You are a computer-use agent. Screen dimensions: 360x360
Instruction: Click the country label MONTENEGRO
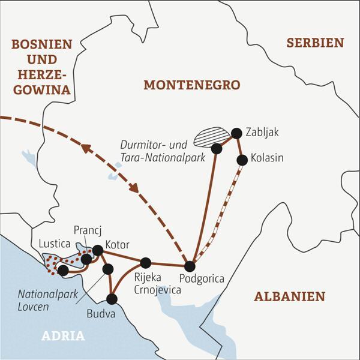tap(191, 85)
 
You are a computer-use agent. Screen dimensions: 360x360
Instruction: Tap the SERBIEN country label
tap(315, 43)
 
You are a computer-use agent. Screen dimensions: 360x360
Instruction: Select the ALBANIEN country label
tap(289, 296)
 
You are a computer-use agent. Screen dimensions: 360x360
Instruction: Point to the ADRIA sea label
tap(63, 336)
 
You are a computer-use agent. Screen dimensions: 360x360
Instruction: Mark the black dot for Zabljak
tap(236, 133)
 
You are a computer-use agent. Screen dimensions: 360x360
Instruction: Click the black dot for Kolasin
tap(242, 160)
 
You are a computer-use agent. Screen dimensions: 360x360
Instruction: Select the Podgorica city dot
tap(190, 266)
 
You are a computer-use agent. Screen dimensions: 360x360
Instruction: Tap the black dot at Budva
tap(112, 298)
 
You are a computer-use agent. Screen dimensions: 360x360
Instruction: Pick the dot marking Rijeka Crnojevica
tap(145, 262)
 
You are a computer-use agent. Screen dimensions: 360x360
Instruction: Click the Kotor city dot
tap(97, 250)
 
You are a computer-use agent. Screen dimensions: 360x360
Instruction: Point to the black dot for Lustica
tap(62, 270)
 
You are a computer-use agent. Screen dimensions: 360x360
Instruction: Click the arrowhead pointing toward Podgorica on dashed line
tap(135, 187)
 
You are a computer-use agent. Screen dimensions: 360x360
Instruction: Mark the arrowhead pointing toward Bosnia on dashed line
tap(86, 148)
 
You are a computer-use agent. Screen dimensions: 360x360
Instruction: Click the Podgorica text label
tap(202, 279)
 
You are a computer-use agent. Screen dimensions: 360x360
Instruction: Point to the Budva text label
tap(98, 312)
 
